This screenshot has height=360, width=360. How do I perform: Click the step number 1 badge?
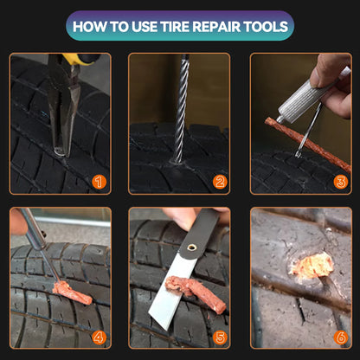[99, 182]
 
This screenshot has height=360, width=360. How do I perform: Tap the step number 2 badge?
[220, 182]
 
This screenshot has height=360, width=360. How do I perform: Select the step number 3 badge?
[340, 182]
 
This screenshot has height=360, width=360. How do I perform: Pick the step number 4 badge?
[99, 336]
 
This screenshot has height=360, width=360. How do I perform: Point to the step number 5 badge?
[220, 336]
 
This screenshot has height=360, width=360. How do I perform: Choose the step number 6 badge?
[340, 336]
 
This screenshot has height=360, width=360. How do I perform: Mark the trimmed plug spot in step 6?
[309, 267]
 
